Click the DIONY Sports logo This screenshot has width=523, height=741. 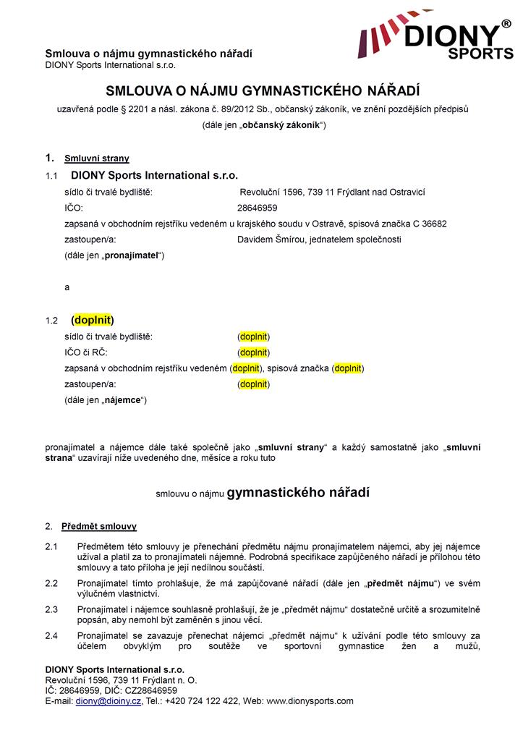[436, 39]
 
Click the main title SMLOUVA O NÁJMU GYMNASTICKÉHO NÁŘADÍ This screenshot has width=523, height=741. [263, 91]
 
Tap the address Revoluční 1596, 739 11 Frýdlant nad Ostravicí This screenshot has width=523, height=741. [332, 192]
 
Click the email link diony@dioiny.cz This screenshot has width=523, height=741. [109, 701]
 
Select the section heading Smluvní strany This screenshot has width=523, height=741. [97, 158]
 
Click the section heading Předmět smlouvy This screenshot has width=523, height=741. [99, 526]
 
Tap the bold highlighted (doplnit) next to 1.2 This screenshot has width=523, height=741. [93, 320]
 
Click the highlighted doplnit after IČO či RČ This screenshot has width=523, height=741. [253, 352]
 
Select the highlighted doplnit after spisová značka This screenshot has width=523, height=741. [348, 368]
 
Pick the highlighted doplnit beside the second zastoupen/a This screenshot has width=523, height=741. [253, 384]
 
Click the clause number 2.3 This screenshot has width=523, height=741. [51, 610]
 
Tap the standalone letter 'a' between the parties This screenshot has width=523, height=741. [67, 287]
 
